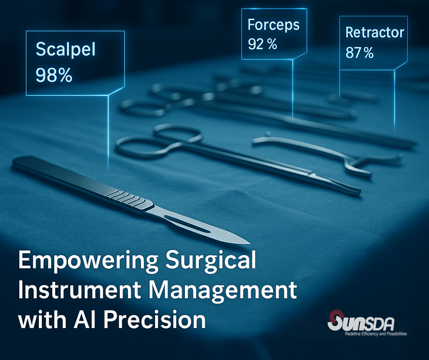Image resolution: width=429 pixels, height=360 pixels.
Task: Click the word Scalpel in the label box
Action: coord(65,50)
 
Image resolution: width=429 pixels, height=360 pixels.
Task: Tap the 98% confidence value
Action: coord(54,75)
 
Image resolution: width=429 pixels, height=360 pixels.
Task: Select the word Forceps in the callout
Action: coord(273,26)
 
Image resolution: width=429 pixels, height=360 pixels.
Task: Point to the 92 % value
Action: coord(262,44)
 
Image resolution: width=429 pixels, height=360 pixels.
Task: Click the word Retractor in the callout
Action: coord(375,32)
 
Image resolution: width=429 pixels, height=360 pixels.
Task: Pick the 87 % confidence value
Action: coord(360,53)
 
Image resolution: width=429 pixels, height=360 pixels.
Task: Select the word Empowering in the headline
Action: coord(88,260)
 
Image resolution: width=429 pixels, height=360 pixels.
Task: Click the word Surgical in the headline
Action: coord(211,260)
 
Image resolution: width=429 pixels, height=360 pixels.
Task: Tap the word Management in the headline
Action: coord(223,291)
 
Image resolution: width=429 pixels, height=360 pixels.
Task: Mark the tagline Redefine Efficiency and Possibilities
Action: coord(376,334)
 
